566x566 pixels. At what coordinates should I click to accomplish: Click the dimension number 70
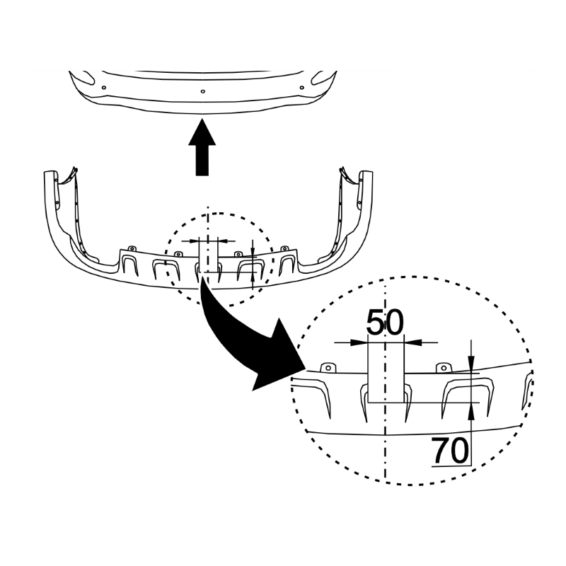(x=450, y=450)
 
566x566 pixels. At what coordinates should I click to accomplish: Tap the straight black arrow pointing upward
(x=202, y=148)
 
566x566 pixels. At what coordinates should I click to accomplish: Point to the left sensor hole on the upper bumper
(x=104, y=87)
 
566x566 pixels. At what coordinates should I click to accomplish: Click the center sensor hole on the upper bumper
(x=203, y=91)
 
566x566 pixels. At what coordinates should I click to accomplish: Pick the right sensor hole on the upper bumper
(x=302, y=87)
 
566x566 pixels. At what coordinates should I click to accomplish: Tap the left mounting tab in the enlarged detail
(x=328, y=367)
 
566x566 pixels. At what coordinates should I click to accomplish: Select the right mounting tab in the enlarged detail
(x=444, y=367)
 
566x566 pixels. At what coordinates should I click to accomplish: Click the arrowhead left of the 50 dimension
(x=359, y=342)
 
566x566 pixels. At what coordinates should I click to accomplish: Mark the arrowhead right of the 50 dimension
(x=413, y=342)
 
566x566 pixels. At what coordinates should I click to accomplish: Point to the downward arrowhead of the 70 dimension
(x=471, y=363)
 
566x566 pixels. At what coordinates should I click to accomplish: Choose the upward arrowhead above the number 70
(x=471, y=411)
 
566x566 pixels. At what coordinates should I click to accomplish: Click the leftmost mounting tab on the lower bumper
(x=132, y=248)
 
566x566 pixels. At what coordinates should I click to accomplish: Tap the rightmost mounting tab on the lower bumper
(x=285, y=248)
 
